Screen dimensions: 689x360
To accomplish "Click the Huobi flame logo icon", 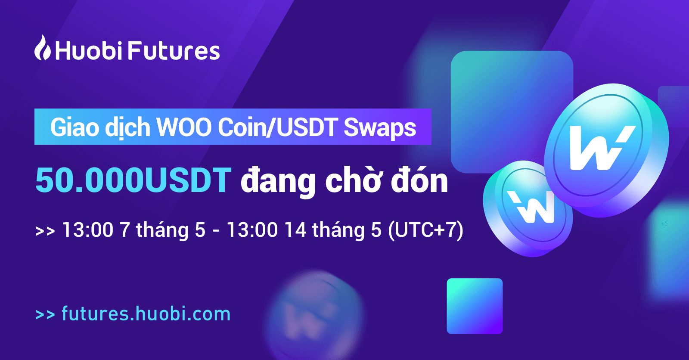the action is point(43,47).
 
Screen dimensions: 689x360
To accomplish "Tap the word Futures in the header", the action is point(174,51).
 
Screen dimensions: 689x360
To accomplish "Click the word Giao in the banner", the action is point(75,127).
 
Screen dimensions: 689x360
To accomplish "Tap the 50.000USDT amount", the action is point(133,180).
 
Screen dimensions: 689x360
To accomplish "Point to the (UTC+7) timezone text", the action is point(426,230).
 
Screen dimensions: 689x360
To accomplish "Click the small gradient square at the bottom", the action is point(475,306).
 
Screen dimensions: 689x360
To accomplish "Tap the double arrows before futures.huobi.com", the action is point(45,314).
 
